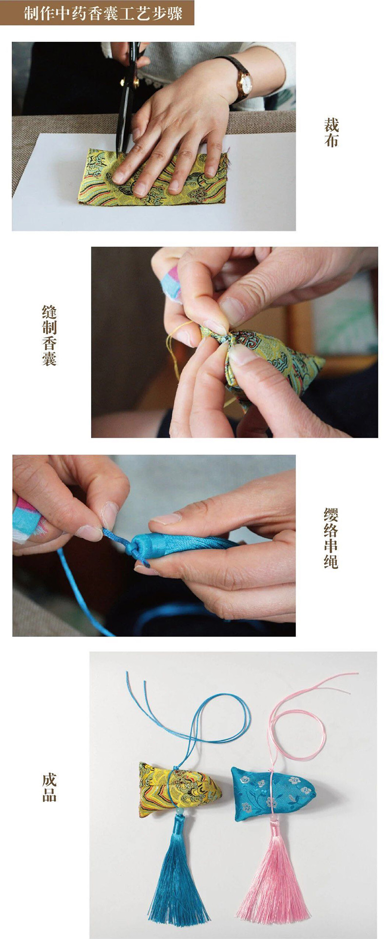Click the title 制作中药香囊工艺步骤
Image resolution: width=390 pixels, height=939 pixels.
[103, 13]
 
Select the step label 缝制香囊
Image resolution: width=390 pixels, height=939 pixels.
[49, 336]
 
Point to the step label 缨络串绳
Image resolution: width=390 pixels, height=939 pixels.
[331, 538]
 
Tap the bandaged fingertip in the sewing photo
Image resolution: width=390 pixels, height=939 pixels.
[171, 282]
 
